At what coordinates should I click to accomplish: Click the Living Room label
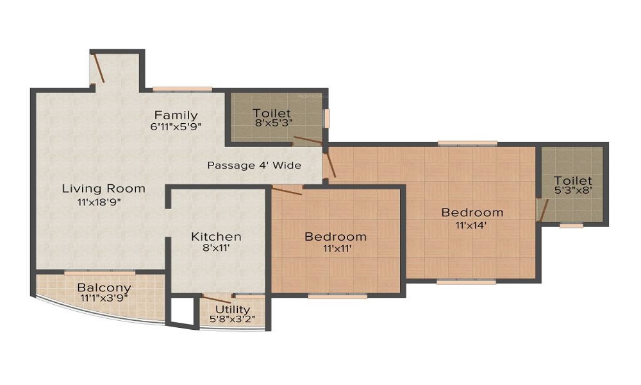pos(103,189)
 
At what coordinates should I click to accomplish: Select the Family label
pos(176,116)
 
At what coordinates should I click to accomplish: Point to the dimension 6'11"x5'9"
pos(176,127)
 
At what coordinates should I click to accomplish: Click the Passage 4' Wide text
pos(254,166)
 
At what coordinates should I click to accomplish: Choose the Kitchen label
pos(216,237)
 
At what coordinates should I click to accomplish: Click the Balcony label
pos(104,287)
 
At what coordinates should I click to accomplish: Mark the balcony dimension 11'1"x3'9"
pos(104,298)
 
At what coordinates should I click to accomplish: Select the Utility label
pos(233,310)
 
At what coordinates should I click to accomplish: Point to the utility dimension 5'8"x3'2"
pos(233,320)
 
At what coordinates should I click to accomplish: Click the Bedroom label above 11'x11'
pos(335,237)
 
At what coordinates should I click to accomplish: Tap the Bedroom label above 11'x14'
pos(472,212)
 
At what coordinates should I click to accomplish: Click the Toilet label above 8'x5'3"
pos(271,114)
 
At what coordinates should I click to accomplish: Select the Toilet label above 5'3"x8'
pos(573,181)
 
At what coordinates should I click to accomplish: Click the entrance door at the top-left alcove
pos(99,68)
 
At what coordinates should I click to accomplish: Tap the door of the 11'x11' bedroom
pos(287,190)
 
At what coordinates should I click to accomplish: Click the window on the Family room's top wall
pos(182,89)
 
